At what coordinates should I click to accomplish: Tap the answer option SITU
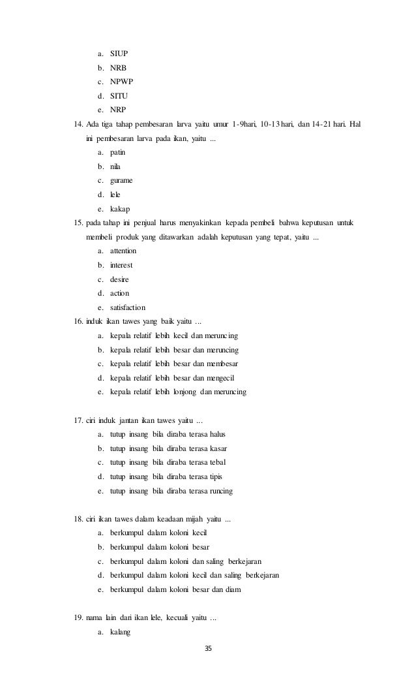119,95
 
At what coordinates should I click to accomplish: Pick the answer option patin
117,151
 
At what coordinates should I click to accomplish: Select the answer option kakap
120,208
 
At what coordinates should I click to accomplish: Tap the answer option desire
119,279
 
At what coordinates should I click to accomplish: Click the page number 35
209,649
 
